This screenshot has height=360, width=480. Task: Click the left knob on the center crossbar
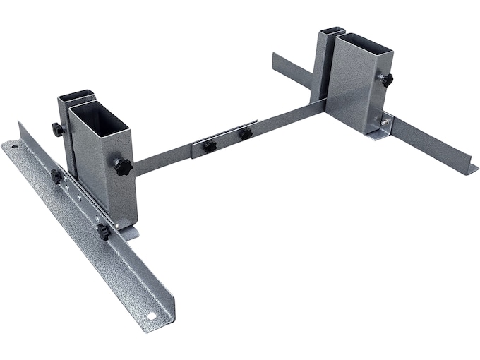click(x=210, y=146)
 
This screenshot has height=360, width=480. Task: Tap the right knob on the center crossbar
click(x=246, y=133)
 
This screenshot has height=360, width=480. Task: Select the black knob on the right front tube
click(x=386, y=80)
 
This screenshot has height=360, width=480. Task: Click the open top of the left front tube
click(x=99, y=111)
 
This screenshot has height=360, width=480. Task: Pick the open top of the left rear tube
click(x=75, y=97)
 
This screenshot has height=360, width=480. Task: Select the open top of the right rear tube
click(x=332, y=32)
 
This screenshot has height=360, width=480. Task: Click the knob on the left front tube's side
click(x=123, y=168)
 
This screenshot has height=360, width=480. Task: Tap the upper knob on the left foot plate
click(x=56, y=176)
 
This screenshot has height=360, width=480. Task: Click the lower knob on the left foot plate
click(x=104, y=231)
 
